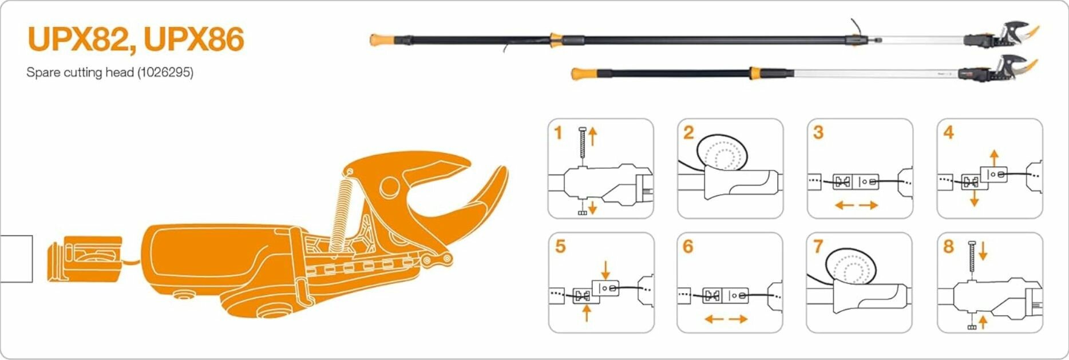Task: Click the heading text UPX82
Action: coord(78,39)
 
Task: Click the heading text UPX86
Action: coord(194,39)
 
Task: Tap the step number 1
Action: coord(559,133)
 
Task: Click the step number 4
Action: coord(948,133)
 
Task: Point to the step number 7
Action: coord(818,247)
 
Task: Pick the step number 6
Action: coord(688,247)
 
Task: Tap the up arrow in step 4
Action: coord(995,157)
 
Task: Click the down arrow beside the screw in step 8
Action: coord(983,250)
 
